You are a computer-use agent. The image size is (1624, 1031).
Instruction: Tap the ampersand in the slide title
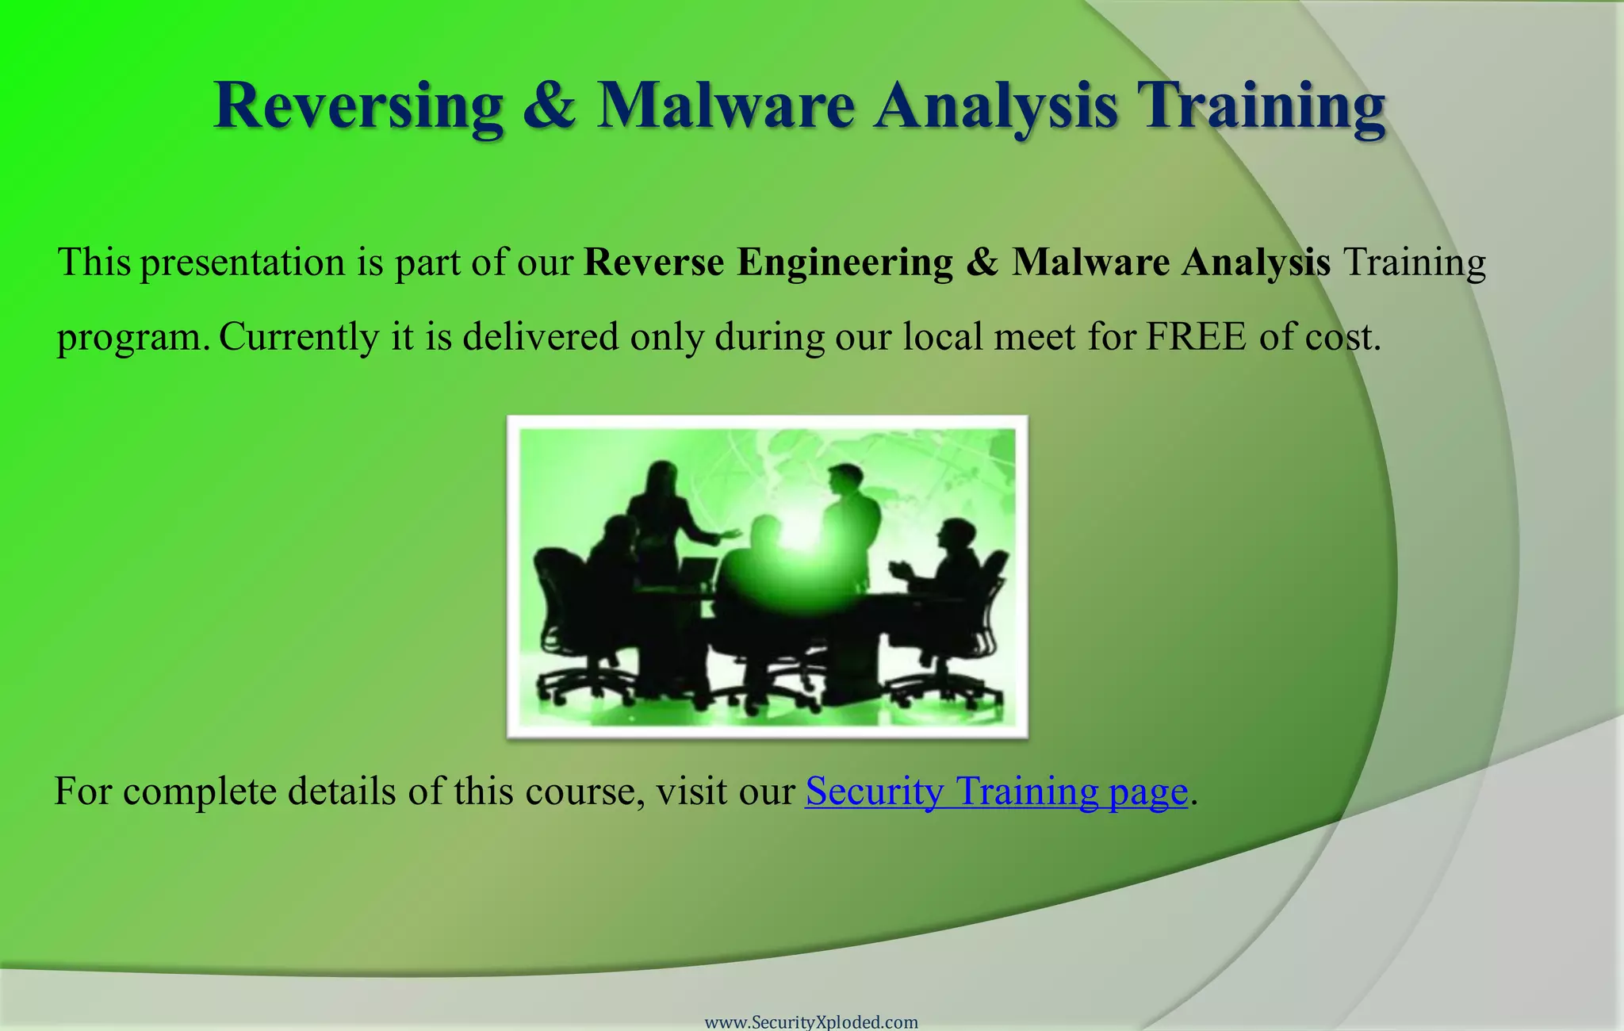click(549, 105)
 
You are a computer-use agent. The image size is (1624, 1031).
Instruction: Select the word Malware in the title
click(726, 105)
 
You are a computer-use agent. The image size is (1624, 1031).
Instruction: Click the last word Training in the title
click(1261, 105)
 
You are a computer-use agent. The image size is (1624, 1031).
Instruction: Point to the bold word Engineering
click(845, 263)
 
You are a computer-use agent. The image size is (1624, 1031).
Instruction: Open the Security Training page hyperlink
click(997, 791)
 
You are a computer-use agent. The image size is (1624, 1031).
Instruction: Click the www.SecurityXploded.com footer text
click(811, 1022)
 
